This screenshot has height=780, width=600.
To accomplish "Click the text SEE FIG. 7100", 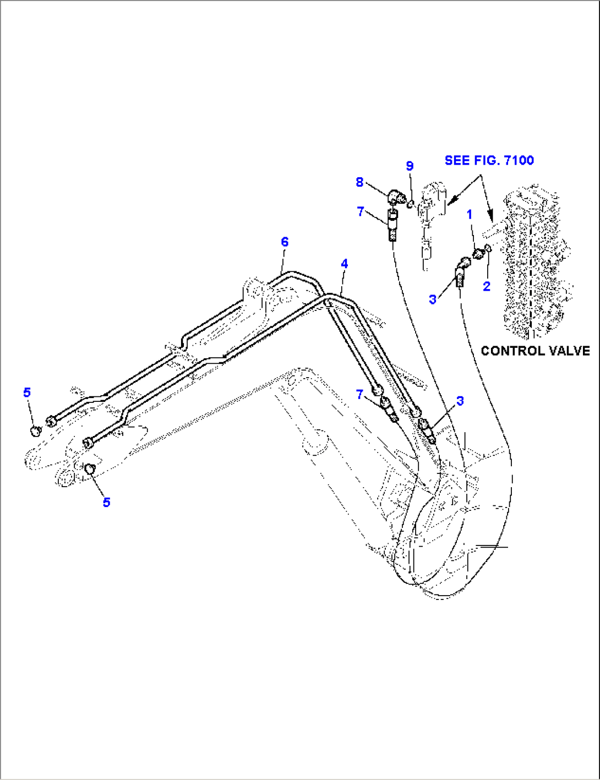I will [x=489, y=160].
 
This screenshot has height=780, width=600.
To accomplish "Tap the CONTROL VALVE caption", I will [x=535, y=351].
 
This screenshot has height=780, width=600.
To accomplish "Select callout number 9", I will [x=410, y=166].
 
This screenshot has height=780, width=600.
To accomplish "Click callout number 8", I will [x=359, y=182].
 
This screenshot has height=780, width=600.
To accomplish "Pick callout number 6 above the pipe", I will [x=285, y=242].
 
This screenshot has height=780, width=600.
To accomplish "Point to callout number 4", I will [x=344, y=264].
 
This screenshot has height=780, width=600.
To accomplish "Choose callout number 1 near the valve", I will [x=470, y=214].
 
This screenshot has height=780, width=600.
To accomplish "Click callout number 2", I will [x=487, y=286].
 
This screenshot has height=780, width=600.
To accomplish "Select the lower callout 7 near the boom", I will [x=359, y=394].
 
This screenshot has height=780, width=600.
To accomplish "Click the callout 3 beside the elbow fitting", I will [x=433, y=299].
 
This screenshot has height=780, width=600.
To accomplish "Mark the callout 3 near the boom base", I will [x=460, y=401].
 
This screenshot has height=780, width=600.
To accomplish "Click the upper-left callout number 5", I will [x=27, y=392].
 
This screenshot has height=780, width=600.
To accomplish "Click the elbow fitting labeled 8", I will [x=395, y=197].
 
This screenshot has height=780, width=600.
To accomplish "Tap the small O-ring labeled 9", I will [x=411, y=205].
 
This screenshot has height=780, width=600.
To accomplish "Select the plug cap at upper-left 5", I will [x=35, y=430].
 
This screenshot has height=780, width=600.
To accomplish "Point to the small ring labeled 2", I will [x=488, y=249].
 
